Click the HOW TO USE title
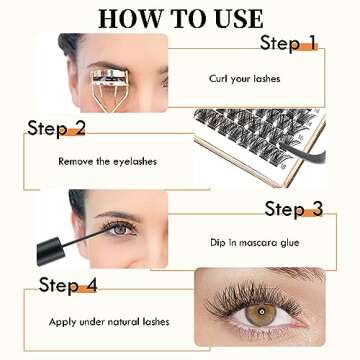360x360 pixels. (181, 18)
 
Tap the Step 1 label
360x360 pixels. (288, 43)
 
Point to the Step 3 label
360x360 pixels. (294, 209)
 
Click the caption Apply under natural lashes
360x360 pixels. (97, 321)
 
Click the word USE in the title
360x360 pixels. (235, 18)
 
